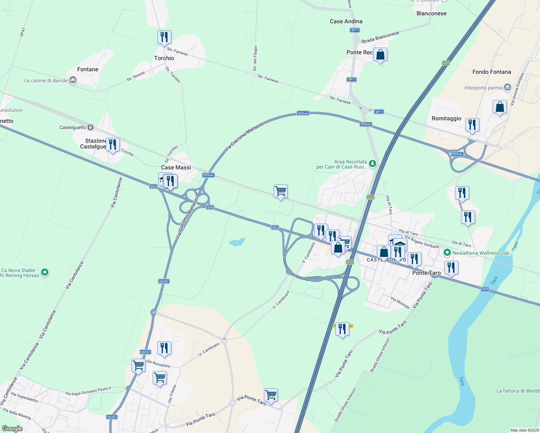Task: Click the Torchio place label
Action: pyautogui.click(x=164, y=58)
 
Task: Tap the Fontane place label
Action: pyautogui.click(x=88, y=69)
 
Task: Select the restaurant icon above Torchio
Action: pyautogui.click(x=164, y=37)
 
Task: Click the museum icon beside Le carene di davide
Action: pyautogui.click(x=73, y=80)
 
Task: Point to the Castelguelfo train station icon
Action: pyautogui.click(x=91, y=127)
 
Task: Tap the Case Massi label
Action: pyautogui.click(x=176, y=167)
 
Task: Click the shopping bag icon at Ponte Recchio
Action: pyautogui.click(x=380, y=55)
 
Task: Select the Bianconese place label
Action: pyautogui.click(x=431, y=13)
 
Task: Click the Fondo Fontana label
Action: pyautogui.click(x=492, y=72)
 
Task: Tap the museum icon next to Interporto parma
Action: pyautogui.click(x=508, y=87)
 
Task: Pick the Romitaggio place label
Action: pyautogui.click(x=447, y=118)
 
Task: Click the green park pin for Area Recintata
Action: pyautogui.click(x=373, y=164)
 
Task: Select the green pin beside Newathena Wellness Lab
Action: pyautogui.click(x=447, y=253)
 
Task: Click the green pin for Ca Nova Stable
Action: pyautogui.click(x=45, y=272)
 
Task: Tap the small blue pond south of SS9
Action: pyautogui.click(x=237, y=242)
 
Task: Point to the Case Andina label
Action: pyautogui.click(x=346, y=21)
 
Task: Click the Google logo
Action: pyautogui.click(x=12, y=429)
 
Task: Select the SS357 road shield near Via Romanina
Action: pyautogui.click(x=145, y=352)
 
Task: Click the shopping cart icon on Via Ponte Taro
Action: pyautogui.click(x=271, y=395)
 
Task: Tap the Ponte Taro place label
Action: pyautogui.click(x=426, y=273)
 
